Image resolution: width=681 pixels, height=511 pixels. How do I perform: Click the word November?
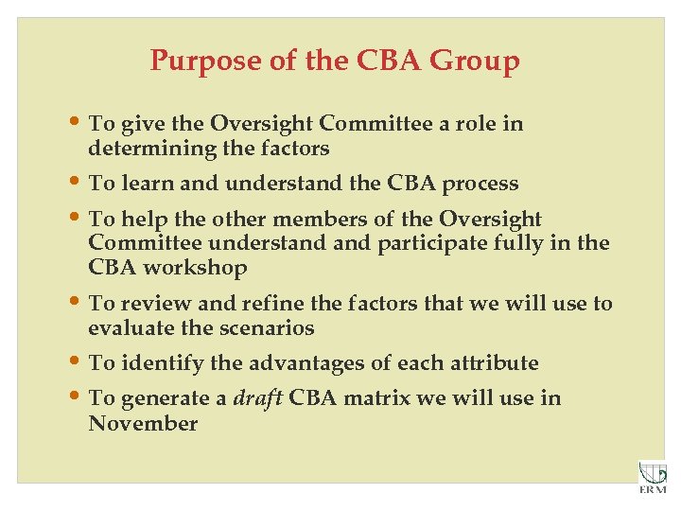pos(143,423)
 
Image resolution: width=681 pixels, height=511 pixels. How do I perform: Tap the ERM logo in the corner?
pos(652,477)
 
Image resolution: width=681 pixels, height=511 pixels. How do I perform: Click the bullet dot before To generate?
pos(77,396)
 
